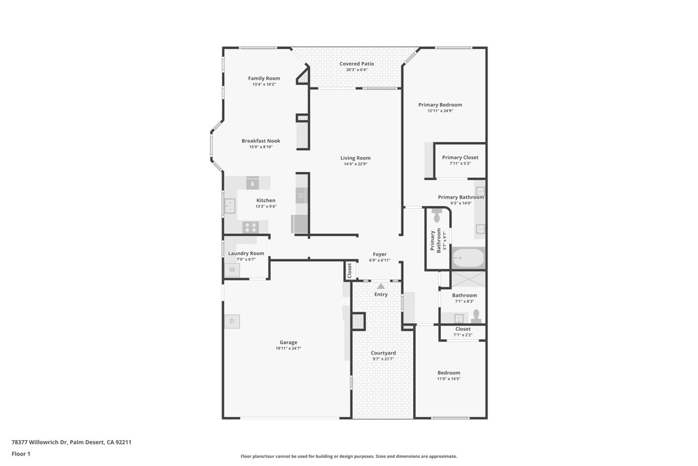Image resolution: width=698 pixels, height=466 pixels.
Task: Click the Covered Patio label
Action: (x=356, y=63)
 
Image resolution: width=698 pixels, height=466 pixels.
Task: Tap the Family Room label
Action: (x=264, y=78)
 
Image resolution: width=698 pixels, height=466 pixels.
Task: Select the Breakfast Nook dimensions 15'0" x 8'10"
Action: (x=260, y=147)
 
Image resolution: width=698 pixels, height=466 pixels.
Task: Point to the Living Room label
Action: (x=355, y=158)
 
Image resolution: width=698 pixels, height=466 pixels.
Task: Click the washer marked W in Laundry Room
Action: (x=232, y=270)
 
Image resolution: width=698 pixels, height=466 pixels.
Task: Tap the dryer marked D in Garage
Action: (x=232, y=321)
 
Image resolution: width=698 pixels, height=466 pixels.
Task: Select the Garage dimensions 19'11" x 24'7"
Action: (x=288, y=349)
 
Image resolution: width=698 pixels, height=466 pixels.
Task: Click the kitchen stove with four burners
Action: (x=250, y=227)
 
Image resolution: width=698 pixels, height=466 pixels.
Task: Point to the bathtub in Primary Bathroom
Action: (x=468, y=258)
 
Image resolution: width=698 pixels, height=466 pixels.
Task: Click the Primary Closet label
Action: (x=460, y=157)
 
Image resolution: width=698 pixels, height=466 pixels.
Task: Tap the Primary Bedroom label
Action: (x=440, y=104)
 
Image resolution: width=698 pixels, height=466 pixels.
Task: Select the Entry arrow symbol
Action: (x=381, y=287)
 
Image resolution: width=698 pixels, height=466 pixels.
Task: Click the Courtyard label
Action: (x=383, y=353)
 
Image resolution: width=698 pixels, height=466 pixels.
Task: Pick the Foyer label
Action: (x=380, y=254)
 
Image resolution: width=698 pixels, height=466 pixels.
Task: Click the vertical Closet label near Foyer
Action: (x=350, y=271)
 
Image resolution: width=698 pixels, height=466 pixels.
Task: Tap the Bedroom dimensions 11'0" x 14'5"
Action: (x=449, y=379)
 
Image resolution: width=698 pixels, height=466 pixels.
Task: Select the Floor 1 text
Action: (x=21, y=454)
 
